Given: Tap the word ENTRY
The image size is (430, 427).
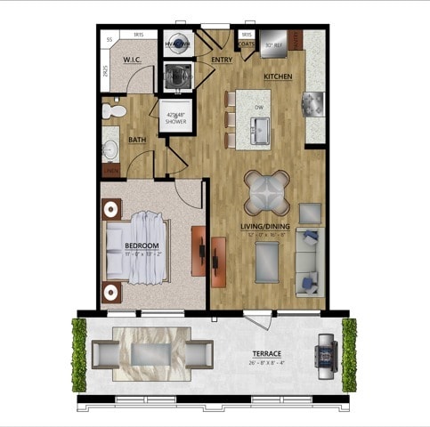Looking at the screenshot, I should [222, 60].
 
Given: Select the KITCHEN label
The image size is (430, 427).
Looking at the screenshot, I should [278, 77].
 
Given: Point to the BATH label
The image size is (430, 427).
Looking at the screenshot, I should [137, 140].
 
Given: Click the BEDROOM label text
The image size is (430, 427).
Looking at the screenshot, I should [142, 245].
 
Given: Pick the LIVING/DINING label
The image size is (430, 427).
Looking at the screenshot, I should [267, 227].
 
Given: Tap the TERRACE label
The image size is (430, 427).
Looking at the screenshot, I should [266, 354].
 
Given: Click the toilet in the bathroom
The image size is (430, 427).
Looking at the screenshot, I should [113, 112].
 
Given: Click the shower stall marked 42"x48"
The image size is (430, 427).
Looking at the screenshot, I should [174, 117].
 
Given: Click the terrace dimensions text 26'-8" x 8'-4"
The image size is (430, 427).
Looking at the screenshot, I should [266, 364].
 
